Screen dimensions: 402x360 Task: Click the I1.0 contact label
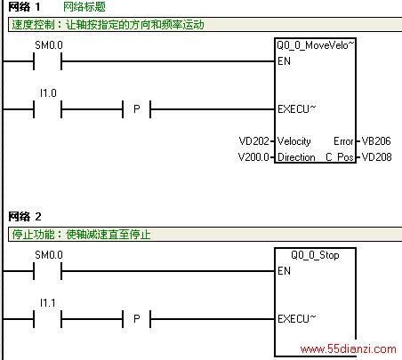[x=48, y=93]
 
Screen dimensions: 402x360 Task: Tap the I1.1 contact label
[x=48, y=303]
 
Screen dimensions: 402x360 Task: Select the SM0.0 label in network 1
[x=49, y=45]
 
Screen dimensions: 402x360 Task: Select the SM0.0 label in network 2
[x=49, y=255]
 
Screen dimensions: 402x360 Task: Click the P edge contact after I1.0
[x=137, y=109]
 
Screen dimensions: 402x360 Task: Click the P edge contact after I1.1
[x=137, y=319]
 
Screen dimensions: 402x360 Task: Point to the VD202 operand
[x=254, y=141]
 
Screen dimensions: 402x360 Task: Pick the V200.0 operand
[x=253, y=156]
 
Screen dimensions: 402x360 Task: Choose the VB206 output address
[x=376, y=141]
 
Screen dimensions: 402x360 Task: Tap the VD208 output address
[x=376, y=156]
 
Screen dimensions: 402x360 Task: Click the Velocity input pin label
[x=294, y=141]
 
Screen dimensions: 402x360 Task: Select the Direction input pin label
[x=296, y=157]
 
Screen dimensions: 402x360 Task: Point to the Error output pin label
[x=343, y=141]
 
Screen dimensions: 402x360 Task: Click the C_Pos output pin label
[x=340, y=157]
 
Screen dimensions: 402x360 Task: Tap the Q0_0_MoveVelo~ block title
[x=316, y=45]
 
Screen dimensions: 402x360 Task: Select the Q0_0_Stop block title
[x=315, y=255]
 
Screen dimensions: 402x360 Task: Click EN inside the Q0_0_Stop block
[x=284, y=271]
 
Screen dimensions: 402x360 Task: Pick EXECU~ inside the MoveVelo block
[x=297, y=109]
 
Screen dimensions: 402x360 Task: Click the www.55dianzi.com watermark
[x=348, y=348]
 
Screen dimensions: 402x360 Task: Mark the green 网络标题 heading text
[x=84, y=7]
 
